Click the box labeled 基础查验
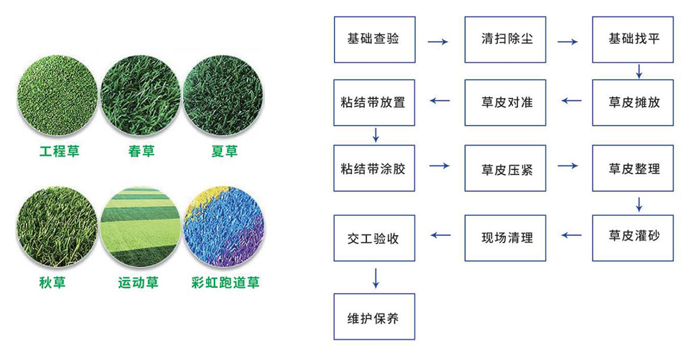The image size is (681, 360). [x=375, y=40]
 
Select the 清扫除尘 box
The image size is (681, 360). [x=505, y=40]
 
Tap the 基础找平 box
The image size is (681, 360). [x=633, y=40]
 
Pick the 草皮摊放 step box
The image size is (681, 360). [x=633, y=103]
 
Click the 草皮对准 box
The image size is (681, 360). [x=505, y=103]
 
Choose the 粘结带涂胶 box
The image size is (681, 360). [x=374, y=168]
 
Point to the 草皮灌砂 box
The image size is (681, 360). [x=633, y=238]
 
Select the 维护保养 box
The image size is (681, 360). [x=374, y=316]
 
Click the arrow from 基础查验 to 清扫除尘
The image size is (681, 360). [x=438, y=41]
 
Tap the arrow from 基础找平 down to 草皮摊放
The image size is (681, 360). [x=639, y=72]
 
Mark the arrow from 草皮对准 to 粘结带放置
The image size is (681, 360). [x=440, y=101]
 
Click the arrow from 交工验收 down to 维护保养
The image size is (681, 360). [x=376, y=278]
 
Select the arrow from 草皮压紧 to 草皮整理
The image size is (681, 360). [x=568, y=166]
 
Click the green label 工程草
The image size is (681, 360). [x=59, y=151]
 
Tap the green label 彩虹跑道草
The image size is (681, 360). [x=225, y=282]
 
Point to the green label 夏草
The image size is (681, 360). [x=224, y=151]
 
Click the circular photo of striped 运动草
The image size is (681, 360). [x=140, y=227]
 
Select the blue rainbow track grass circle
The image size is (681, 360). [x=224, y=227]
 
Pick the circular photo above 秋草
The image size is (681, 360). [x=57, y=227]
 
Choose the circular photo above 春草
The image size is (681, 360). [x=140, y=95]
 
